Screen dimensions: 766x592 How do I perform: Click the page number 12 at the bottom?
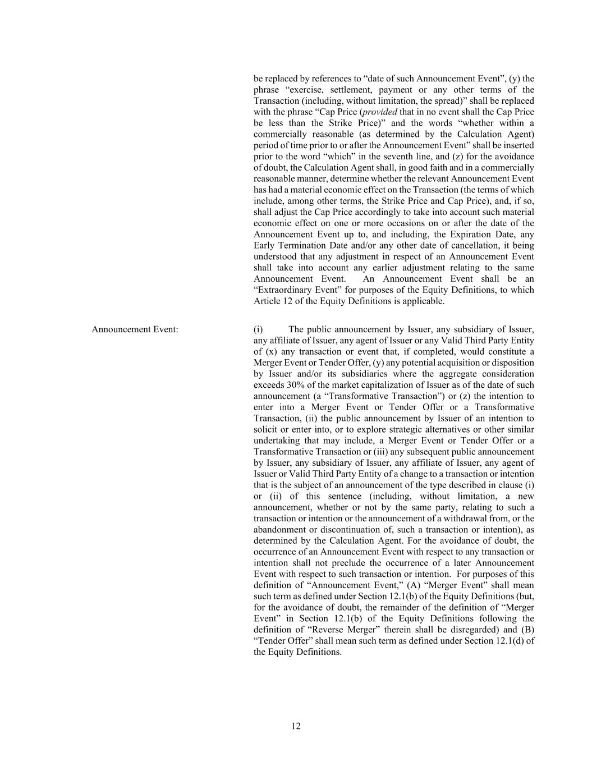pos(296,726)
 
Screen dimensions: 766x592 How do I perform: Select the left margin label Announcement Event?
pos(135,329)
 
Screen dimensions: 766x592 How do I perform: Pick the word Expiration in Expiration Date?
pos(467,234)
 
